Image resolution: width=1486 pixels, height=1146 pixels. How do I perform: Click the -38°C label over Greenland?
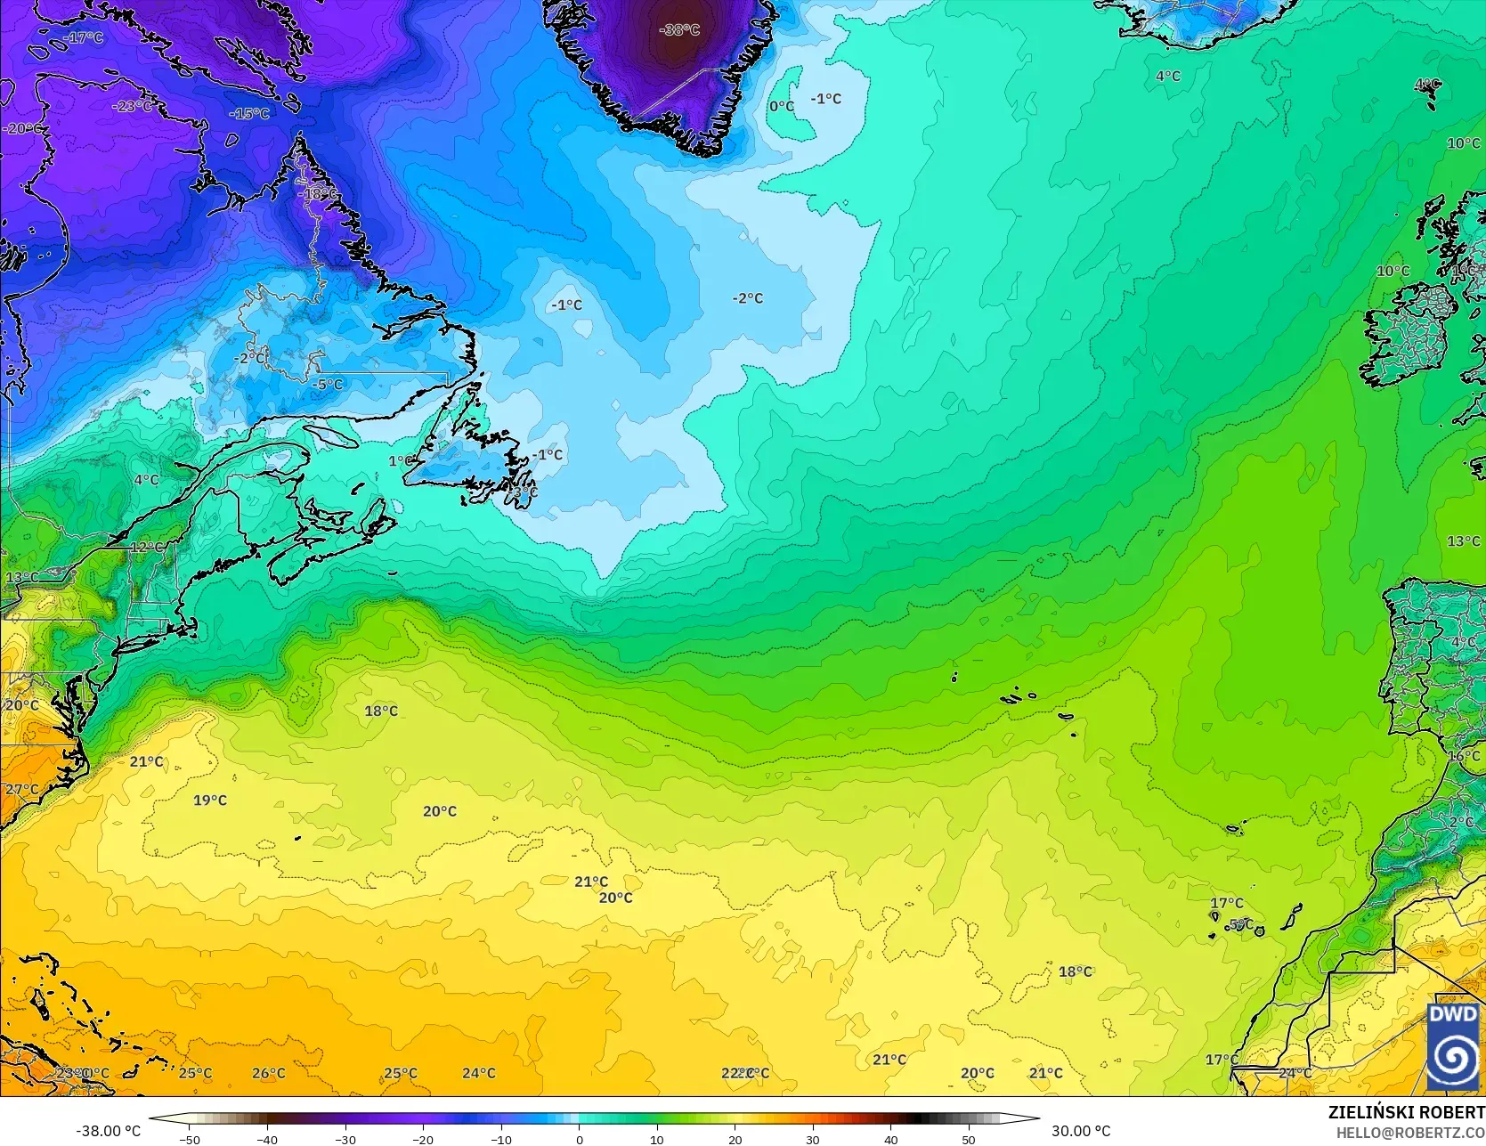(x=679, y=30)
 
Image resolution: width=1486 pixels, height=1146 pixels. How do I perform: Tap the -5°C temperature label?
(x=329, y=385)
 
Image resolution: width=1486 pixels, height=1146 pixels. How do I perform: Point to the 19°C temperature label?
(x=210, y=801)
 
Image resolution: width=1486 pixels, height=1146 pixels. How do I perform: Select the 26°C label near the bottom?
(x=268, y=1073)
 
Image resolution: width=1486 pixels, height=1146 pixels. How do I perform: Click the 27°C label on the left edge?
(x=21, y=790)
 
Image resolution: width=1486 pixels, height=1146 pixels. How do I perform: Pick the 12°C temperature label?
(x=147, y=547)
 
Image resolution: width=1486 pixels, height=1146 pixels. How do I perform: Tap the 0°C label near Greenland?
(x=782, y=107)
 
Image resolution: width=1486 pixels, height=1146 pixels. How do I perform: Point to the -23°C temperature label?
(x=132, y=106)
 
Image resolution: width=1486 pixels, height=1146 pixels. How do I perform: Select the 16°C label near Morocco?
(x=1464, y=756)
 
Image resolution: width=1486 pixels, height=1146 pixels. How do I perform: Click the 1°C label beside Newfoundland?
(x=401, y=461)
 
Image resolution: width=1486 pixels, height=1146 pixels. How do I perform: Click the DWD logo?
(x=1453, y=1046)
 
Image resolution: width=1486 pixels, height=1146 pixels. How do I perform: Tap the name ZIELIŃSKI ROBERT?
(x=1406, y=1112)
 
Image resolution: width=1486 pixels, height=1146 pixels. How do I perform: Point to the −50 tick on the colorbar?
(x=189, y=1139)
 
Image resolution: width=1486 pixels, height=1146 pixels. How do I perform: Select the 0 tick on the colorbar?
(x=579, y=1139)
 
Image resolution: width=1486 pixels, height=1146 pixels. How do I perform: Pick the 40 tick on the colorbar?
(x=890, y=1139)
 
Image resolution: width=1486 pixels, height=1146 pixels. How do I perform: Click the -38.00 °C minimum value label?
(x=109, y=1131)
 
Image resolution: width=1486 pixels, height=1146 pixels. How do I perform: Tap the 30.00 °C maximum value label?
(x=1081, y=1131)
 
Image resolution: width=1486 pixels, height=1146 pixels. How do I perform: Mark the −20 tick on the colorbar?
(x=423, y=1139)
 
